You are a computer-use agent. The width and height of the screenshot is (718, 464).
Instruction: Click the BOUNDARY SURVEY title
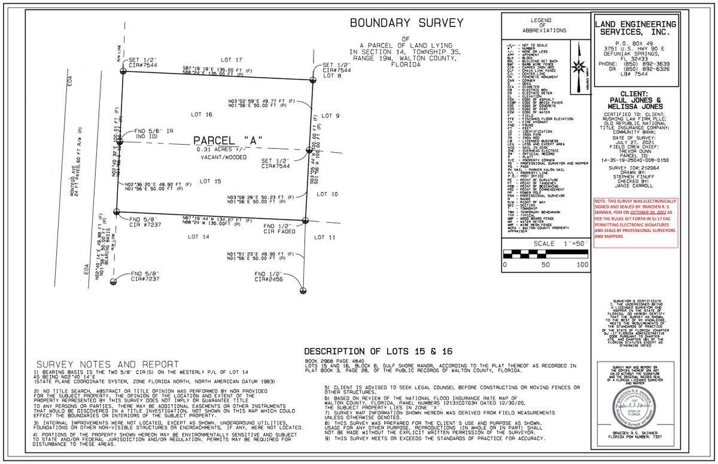pyautogui.click(x=406, y=23)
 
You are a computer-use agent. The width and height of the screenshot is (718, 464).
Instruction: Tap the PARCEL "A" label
pyautogui.click(x=228, y=141)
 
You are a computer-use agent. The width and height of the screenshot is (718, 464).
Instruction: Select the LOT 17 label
pyautogui.click(x=231, y=60)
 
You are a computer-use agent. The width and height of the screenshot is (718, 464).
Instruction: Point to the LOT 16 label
pyautogui.click(x=201, y=114)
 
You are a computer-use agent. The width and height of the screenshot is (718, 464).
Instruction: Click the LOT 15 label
pyautogui.click(x=210, y=181)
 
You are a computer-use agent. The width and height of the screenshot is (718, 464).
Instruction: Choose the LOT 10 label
pyautogui.click(x=327, y=194)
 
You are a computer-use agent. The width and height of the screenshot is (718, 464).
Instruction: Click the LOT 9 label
pyautogui.click(x=330, y=115)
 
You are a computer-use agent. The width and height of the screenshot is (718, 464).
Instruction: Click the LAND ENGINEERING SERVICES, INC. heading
pyautogui.click(x=635, y=28)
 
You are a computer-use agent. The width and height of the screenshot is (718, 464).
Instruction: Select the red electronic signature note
pyautogui.click(x=635, y=218)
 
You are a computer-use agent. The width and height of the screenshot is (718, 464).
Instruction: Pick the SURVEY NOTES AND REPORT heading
pyautogui.click(x=108, y=364)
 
